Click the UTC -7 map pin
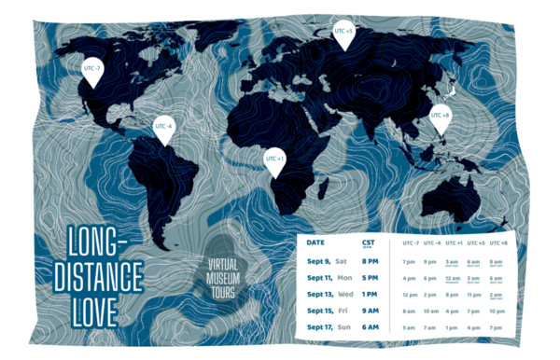tap(91, 69)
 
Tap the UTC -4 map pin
tap(164, 127)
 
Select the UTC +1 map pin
tap(273, 159)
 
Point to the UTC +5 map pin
tap(343, 33)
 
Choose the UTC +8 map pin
tap(440, 117)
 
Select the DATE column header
tap(316, 242)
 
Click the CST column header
tap(368, 242)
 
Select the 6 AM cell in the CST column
tap(371, 327)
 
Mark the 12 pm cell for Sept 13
tap(409, 294)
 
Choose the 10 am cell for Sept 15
tap(430, 311)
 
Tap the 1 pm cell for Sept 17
tap(452, 327)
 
